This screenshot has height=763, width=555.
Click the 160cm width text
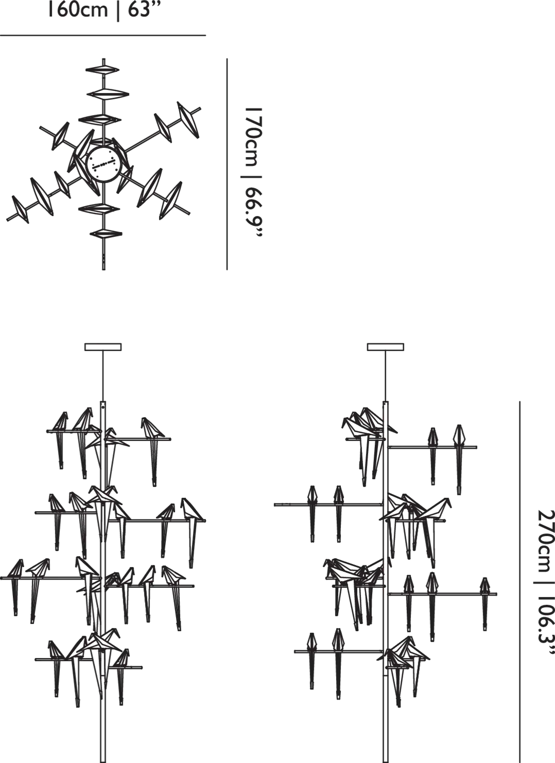pos(77,9)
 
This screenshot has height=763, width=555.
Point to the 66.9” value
pos(253,213)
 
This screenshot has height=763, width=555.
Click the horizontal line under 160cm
pos(103,35)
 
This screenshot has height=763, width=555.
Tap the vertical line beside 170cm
pos(227,164)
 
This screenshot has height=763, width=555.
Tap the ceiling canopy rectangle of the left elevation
pos(103,347)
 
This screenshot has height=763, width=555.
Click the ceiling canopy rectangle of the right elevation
pos(386,347)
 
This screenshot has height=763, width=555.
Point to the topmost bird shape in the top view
pos(102,70)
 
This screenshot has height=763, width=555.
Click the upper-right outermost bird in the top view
pos(188,119)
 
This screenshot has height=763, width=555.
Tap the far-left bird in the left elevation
pos(15,585)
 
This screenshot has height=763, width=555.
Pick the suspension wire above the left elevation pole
pos(103,376)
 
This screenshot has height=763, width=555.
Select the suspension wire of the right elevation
pos(386,376)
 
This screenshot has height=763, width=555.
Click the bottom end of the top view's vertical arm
pos(103,269)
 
